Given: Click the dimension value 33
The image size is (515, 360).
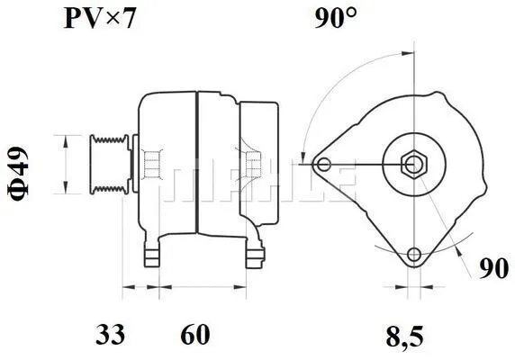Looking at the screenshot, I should (x=111, y=336).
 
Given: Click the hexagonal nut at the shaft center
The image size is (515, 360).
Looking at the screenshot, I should (x=411, y=164).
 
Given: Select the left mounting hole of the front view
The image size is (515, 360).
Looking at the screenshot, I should (x=324, y=164).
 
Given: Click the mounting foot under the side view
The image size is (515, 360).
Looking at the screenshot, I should (x=153, y=251).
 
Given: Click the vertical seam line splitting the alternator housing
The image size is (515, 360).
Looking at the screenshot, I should (x=195, y=162).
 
